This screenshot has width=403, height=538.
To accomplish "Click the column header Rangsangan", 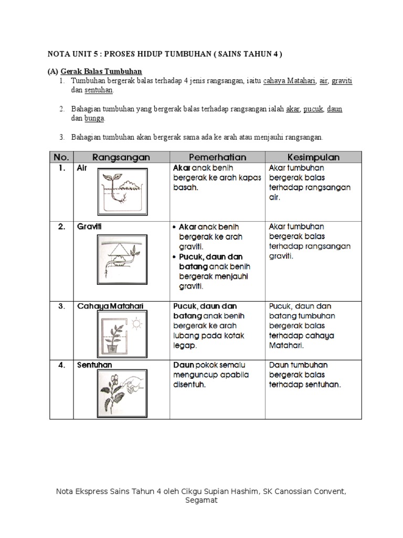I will (121, 157).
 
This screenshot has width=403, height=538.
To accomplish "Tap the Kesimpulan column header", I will (314, 157).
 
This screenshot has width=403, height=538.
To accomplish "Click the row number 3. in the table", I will (62, 306).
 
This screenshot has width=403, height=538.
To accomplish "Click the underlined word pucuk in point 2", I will (313, 109).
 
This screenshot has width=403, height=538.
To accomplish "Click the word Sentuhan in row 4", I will (94, 365).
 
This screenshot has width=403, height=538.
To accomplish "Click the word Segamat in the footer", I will (201, 500).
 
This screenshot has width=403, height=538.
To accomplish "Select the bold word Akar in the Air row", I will (182, 168).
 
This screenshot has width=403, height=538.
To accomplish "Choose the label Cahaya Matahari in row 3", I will (110, 306).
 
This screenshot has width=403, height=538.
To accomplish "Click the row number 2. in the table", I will (62, 227).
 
